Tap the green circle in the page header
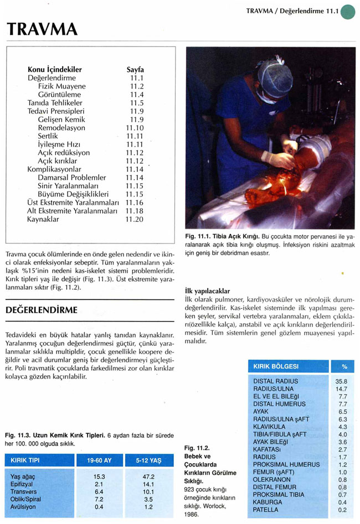coord(348,11)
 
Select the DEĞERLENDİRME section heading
coord(41,309)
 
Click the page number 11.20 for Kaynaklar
coord(135,219)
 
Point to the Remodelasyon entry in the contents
coord(61,127)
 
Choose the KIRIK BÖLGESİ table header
coord(276,366)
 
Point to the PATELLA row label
coord(265,510)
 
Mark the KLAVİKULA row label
coord(269,427)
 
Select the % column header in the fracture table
coord(344,366)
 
